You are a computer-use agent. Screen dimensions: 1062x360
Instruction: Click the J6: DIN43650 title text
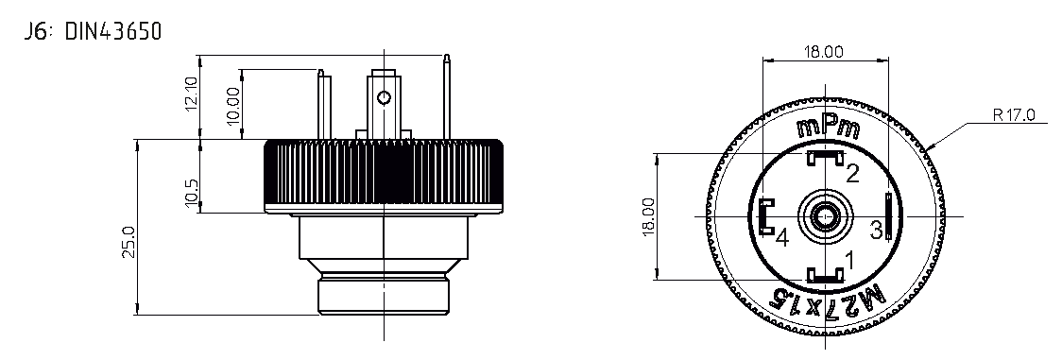coord(93,32)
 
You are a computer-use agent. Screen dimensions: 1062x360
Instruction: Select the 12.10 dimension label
coord(192,94)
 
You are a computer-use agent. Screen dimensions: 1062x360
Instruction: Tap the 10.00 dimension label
coord(232,104)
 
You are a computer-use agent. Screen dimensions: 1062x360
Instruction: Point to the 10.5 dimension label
coord(192,192)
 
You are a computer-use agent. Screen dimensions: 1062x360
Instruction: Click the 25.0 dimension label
coord(128,242)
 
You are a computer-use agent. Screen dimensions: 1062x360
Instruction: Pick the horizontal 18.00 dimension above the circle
coord(824,52)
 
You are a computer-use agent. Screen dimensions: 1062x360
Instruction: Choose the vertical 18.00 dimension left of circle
coord(647,217)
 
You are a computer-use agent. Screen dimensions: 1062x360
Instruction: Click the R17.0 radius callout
coord(1014,115)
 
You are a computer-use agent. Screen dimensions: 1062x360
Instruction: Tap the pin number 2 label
coord(852,174)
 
